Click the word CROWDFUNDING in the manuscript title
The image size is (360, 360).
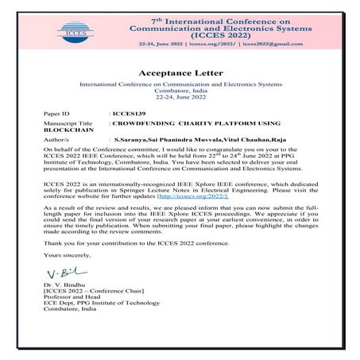click(144, 125)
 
